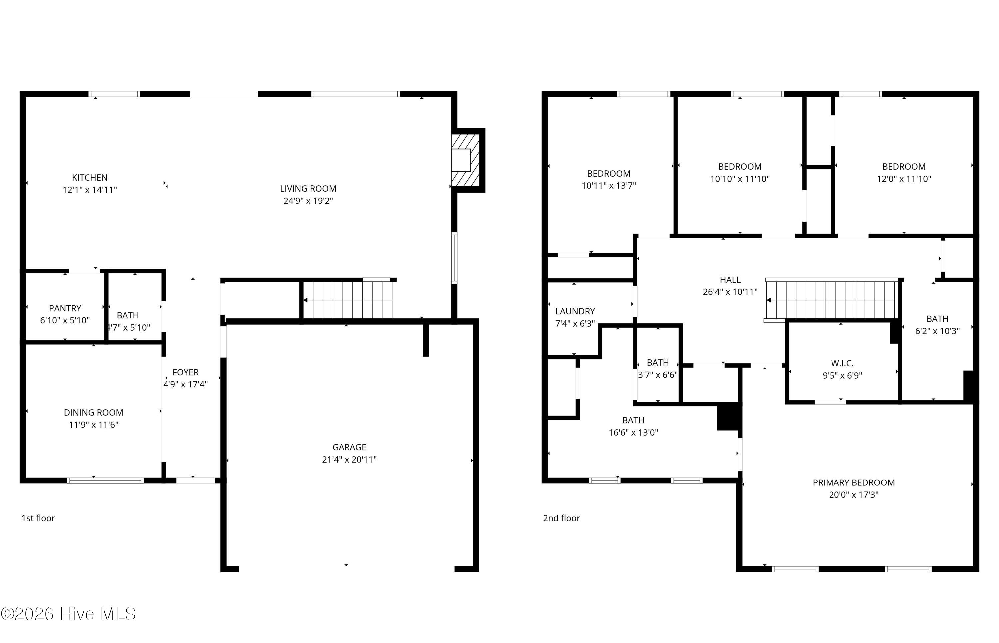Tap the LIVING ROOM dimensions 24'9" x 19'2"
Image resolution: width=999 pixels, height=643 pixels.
tap(308, 201)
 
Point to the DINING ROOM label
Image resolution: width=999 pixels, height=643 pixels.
tap(94, 413)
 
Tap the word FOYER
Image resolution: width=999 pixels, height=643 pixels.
tap(186, 372)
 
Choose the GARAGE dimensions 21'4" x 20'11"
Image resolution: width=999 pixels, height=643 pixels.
tap(349, 459)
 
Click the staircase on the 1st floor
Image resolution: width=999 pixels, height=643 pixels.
tap(348, 300)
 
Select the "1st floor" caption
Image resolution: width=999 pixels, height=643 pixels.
tap(38, 518)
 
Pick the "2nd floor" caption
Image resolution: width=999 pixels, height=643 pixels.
tap(561, 518)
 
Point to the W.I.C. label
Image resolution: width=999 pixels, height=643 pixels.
tap(842, 363)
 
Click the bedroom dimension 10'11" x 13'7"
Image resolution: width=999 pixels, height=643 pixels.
tap(609, 186)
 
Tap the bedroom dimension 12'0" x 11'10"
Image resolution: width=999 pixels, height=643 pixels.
tap(904, 179)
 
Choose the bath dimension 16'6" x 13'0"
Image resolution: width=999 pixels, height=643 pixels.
tap(633, 433)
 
